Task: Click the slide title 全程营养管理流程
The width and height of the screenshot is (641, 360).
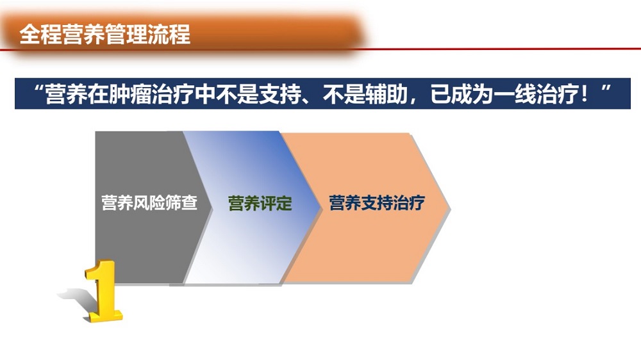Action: pos(104,34)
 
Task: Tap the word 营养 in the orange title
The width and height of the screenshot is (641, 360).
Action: pos(83,34)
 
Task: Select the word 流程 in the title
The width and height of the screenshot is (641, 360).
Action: pos(169,34)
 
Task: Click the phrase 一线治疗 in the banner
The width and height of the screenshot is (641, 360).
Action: pos(536,94)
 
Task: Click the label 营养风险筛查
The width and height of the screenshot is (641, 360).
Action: pos(149,202)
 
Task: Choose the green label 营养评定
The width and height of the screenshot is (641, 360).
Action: pos(260,203)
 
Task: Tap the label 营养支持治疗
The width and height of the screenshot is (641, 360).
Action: pos(377,202)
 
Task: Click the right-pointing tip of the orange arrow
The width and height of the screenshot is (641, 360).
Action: pos(450,208)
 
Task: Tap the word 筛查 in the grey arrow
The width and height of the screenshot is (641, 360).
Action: pos(181,202)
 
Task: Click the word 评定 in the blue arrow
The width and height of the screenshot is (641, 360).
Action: pos(276,203)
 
